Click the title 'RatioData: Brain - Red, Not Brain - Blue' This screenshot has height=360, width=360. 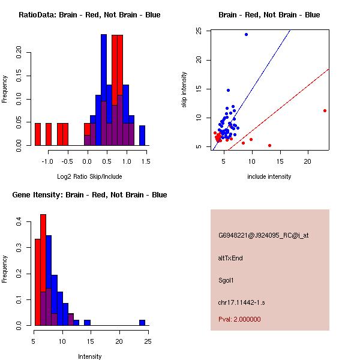point(89,15)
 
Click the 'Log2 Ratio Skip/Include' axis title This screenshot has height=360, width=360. point(89,176)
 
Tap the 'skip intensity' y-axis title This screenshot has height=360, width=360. point(185,89)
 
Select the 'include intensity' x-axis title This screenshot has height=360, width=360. point(269,176)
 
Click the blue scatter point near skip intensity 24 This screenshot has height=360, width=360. point(246,34)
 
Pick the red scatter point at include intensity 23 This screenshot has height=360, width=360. point(325,110)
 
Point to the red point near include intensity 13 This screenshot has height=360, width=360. point(269,145)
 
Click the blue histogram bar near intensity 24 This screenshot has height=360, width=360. point(142,322)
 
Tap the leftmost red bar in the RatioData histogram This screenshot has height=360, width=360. point(38,134)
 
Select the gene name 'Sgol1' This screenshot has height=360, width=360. point(226,280)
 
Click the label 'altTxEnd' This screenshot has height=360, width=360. point(230,258)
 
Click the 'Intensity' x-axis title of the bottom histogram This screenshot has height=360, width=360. point(90,356)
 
